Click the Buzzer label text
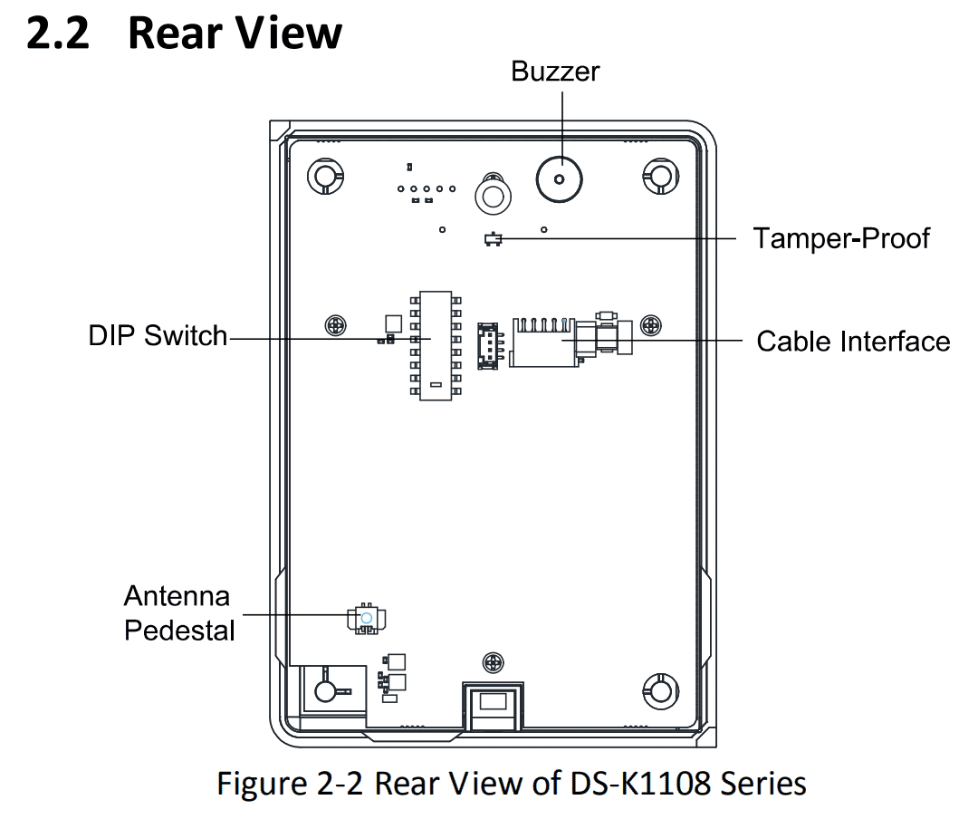pyautogui.click(x=555, y=71)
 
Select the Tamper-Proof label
pyautogui.click(x=841, y=238)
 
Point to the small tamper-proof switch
pyautogui.click(x=494, y=239)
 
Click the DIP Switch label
pyautogui.click(x=158, y=335)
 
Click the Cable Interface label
pyautogui.click(x=853, y=341)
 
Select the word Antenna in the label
pyautogui.click(x=177, y=596)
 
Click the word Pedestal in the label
pyautogui.click(x=179, y=630)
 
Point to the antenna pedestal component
pyautogui.click(x=366, y=618)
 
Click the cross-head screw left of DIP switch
pyautogui.click(x=335, y=324)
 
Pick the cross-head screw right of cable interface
pyautogui.click(x=650, y=325)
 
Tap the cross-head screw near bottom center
pyautogui.click(x=493, y=663)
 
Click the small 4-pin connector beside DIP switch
pyautogui.click(x=486, y=344)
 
